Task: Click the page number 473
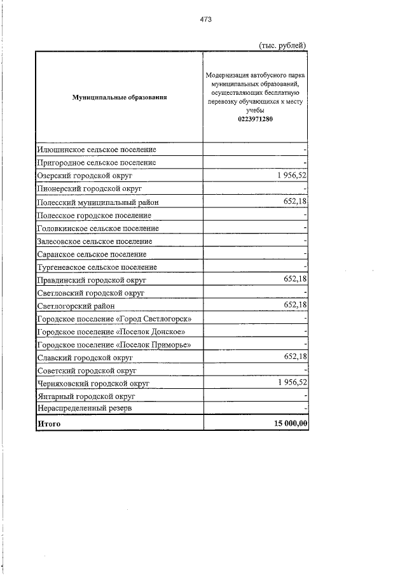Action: tap(205, 20)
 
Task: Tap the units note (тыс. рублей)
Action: tap(283, 45)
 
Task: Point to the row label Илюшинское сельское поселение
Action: tap(97, 150)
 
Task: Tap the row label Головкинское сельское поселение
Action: tap(98, 228)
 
